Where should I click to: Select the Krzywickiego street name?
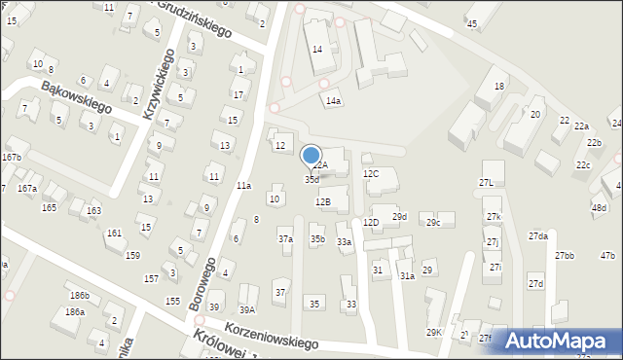(157, 85)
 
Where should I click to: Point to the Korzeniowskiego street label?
(272, 337)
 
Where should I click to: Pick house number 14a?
(334, 101)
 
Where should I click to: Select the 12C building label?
(371, 174)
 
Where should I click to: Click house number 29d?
(399, 216)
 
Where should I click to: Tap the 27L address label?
(487, 183)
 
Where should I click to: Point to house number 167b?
(11, 157)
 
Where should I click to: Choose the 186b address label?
(79, 295)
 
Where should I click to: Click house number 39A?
(247, 309)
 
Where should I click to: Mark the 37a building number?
(285, 238)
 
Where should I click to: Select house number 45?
(472, 23)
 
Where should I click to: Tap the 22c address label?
(582, 165)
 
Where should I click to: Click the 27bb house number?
(565, 255)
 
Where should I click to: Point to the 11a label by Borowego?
(243, 185)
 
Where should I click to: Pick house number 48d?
(599, 208)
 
